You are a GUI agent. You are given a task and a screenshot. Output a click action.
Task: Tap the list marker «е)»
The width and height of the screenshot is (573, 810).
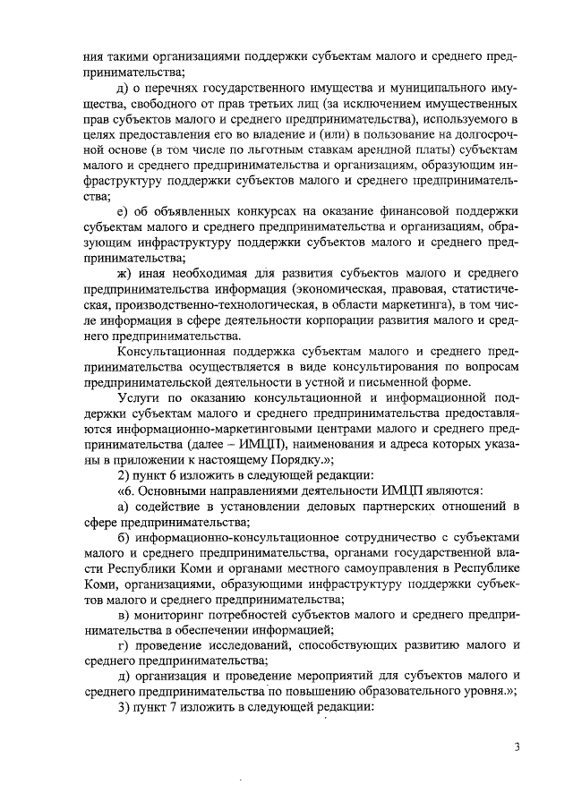coord(124,210)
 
